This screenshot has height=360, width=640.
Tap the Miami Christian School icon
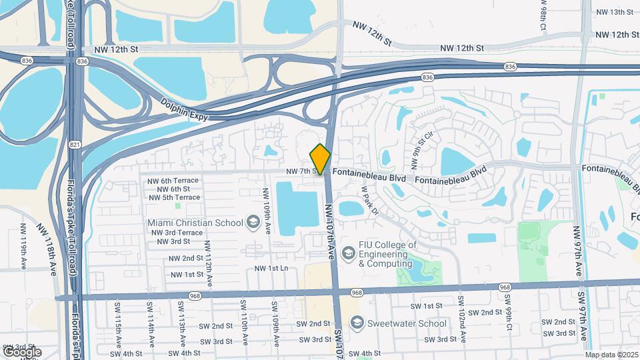tap(253, 221)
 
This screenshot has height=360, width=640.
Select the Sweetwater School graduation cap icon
tap(357, 323)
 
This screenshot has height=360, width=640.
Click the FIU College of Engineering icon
tap(347, 253)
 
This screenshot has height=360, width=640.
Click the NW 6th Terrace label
tap(173, 181)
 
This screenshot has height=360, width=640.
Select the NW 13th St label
tap(614, 12)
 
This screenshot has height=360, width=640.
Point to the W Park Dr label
tap(370, 201)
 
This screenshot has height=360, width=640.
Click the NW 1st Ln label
tap(270, 268)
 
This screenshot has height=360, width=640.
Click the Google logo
tap(22, 351)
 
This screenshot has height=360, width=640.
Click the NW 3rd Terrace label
tap(177, 233)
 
